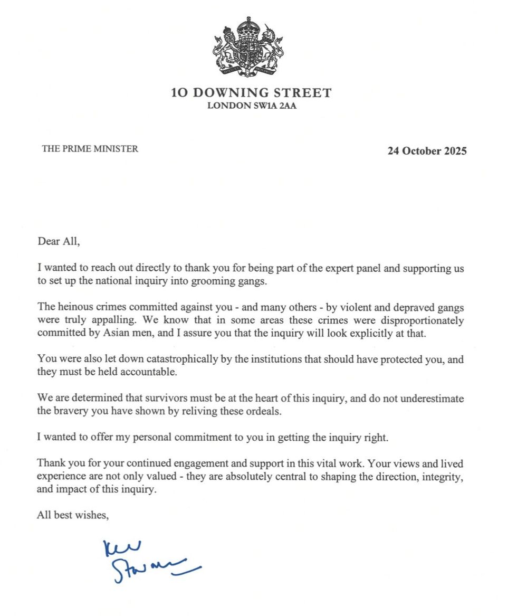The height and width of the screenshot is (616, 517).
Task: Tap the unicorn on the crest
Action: coord(272,48)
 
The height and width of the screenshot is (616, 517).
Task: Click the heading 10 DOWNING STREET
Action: coord(251,93)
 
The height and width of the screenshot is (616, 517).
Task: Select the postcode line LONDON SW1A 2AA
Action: coord(251,106)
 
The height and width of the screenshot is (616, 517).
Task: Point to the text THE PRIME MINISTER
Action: coord(90,149)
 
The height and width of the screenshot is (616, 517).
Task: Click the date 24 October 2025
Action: coord(427,151)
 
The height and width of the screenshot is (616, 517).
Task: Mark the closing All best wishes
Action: coord(73,515)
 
